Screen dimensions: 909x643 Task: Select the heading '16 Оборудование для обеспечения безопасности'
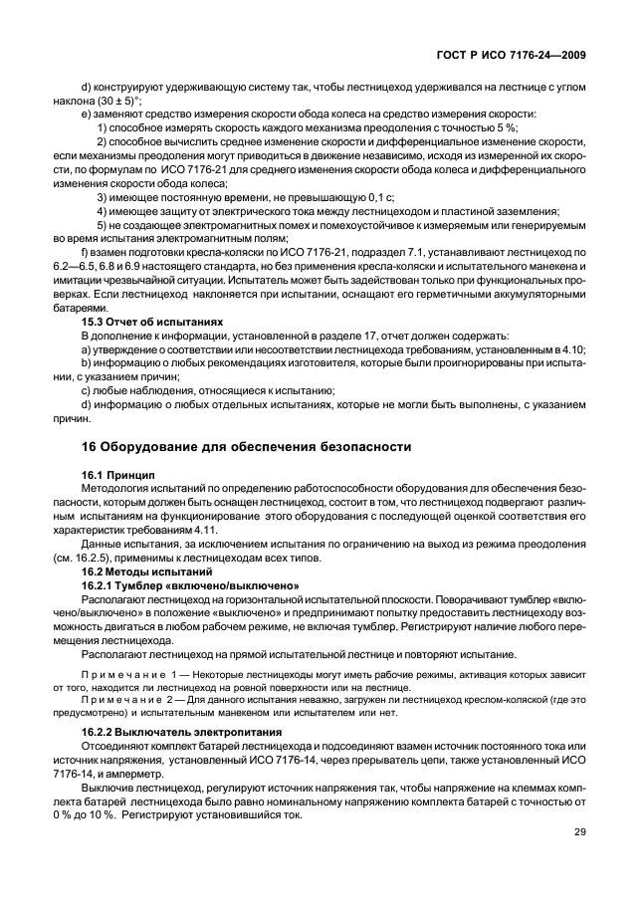(x=246, y=446)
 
